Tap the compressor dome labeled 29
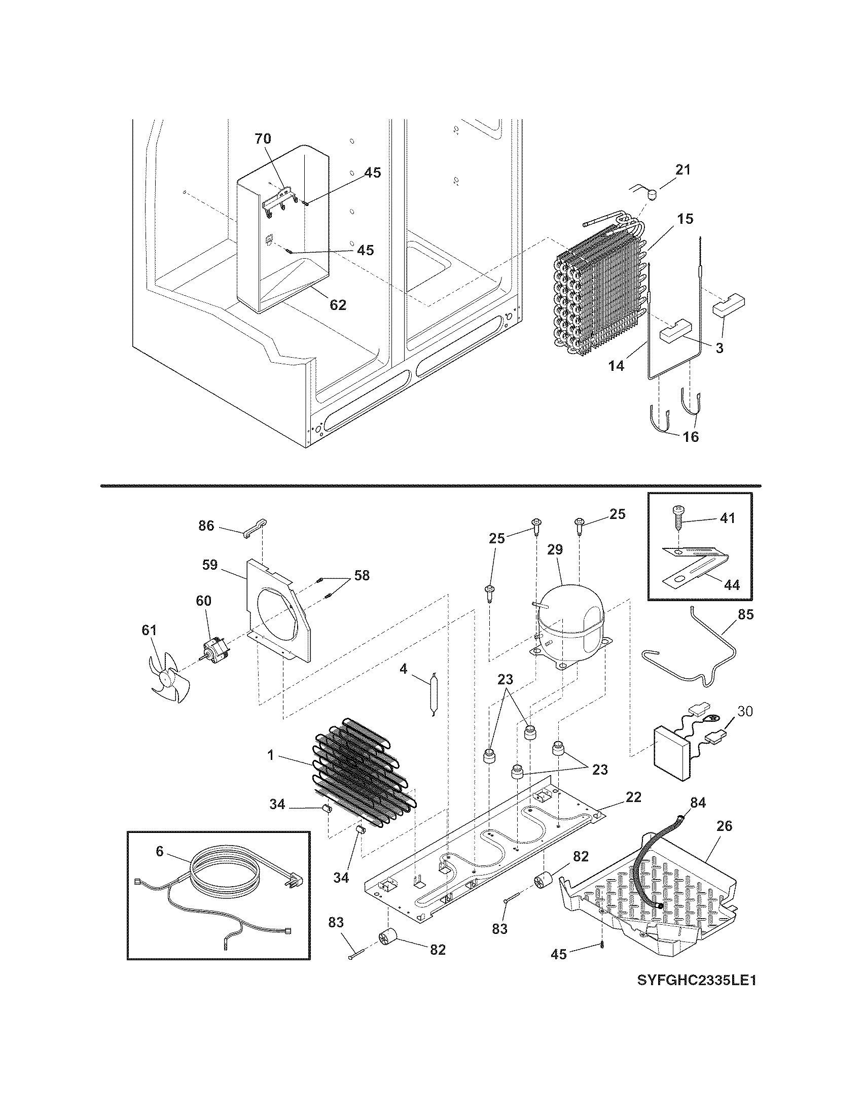571,618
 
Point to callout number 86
206,526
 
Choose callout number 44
732,584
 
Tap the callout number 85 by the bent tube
745,614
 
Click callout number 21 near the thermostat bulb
683,170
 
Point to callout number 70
263,138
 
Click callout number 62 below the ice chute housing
338,305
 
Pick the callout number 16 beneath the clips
691,437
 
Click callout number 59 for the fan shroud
210,565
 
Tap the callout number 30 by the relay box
745,711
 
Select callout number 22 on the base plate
633,797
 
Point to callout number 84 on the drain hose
698,804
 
